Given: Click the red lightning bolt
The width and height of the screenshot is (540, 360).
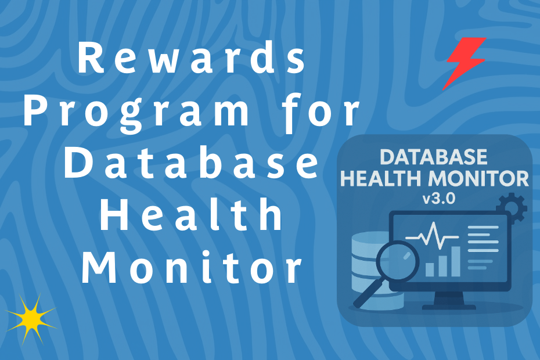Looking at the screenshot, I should (x=465, y=63).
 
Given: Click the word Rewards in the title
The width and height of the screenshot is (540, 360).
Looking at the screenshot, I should (x=192, y=60).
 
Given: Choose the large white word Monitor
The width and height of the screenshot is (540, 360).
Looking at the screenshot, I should (x=192, y=268).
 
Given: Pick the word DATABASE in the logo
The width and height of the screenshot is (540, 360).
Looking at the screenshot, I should (x=434, y=157).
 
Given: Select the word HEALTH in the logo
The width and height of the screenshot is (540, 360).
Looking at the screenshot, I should (x=381, y=178).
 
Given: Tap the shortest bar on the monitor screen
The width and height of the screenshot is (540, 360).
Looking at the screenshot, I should (x=430, y=269).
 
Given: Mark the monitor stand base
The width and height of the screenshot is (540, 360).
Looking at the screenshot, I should (x=447, y=305).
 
